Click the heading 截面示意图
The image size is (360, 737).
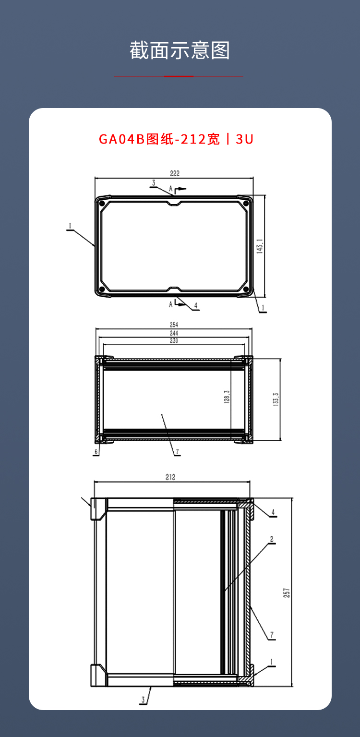click(180, 50)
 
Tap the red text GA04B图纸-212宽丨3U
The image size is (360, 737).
click(176, 139)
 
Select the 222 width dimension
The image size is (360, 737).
click(174, 174)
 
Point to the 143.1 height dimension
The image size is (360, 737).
click(260, 246)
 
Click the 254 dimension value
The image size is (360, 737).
click(173, 325)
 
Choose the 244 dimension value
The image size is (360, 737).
click(173, 333)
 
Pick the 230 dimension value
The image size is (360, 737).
click(173, 341)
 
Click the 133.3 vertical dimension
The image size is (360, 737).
click(276, 399)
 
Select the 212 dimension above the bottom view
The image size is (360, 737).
click(170, 477)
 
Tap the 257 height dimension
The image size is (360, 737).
click(287, 593)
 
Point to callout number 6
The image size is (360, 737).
click(96, 452)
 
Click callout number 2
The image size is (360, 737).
click(271, 539)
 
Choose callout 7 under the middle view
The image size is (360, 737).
click(177, 452)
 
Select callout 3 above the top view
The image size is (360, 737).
click(154, 183)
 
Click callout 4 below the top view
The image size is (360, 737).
click(195, 305)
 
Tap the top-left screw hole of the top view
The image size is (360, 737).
click(102, 204)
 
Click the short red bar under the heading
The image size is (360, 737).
click(179, 76)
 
